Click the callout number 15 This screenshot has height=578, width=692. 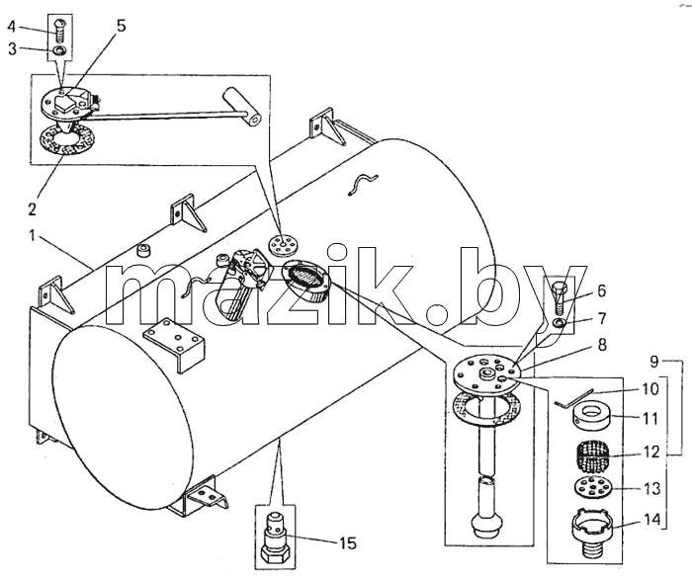(x=348, y=542)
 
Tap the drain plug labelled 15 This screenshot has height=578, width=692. (x=276, y=537)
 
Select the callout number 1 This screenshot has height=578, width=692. (x=32, y=236)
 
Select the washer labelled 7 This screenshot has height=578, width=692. (x=559, y=323)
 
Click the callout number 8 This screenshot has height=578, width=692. (x=602, y=346)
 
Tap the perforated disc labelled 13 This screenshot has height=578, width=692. (x=593, y=488)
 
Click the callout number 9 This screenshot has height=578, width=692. (x=653, y=362)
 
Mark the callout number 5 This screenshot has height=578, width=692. (x=121, y=26)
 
